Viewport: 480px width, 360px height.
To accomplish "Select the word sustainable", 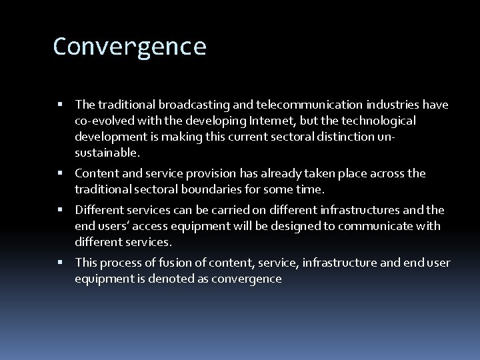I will coord(107,153).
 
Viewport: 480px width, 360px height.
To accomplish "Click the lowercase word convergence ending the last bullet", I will coord(247,279).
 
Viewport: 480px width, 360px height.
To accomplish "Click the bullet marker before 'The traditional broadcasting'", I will coord(61,105).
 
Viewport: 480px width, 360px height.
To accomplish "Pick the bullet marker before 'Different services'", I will coord(61,210).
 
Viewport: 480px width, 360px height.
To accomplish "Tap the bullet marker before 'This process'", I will coord(61,263).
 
